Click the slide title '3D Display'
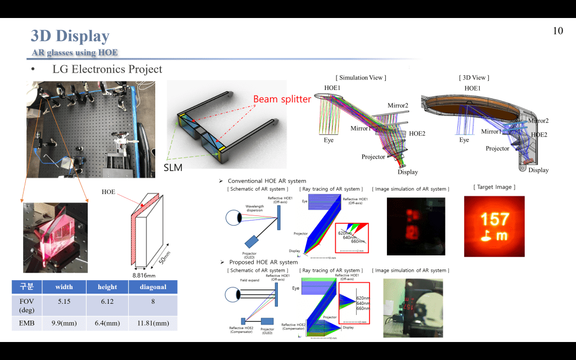70,36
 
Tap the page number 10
558,31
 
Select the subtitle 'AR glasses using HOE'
75,53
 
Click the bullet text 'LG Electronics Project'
107,69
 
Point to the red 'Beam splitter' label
282,99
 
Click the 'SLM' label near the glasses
173,167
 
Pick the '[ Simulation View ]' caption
361,78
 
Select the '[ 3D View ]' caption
474,78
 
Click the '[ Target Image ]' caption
494,187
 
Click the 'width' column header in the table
64,287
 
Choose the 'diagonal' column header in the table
153,287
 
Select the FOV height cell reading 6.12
107,302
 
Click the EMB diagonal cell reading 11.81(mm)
153,323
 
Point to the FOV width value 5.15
64,302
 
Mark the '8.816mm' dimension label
144,276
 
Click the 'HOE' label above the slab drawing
108,192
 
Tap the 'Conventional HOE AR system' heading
267,181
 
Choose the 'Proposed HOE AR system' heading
263,262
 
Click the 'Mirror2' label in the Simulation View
398,106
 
